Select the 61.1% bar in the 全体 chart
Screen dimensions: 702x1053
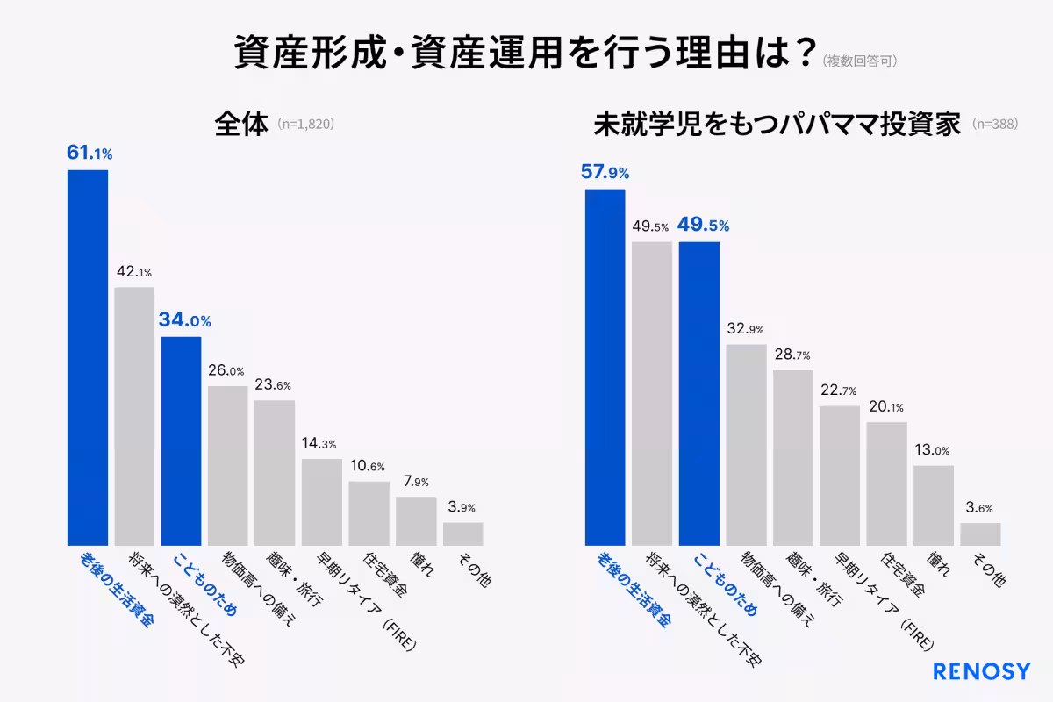88,357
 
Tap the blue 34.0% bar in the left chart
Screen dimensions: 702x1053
181,441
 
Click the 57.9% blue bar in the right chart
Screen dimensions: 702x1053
605,367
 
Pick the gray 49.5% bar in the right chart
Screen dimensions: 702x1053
652,393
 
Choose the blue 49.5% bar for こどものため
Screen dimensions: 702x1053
699,393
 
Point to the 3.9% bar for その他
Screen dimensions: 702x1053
462,534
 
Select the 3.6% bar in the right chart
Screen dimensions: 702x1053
980,534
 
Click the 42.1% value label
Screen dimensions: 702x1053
134,271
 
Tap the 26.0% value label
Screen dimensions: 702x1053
226,370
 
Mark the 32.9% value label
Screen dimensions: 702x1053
745,329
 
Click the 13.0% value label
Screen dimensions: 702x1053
933,450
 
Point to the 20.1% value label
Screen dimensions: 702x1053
885,407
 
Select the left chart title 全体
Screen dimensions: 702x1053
240,124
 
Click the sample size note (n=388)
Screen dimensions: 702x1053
995,125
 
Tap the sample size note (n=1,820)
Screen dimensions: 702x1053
305,125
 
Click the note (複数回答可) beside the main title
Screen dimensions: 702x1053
859,61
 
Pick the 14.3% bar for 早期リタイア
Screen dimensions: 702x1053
321,501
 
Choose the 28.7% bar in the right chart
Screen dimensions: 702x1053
793,457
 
